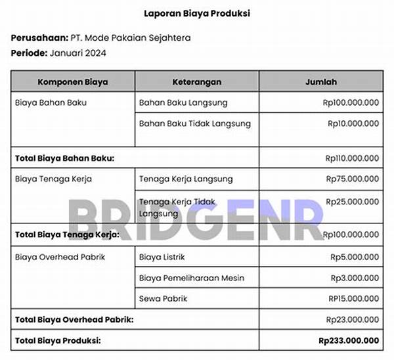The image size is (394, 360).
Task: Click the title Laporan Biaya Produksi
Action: [x=197, y=13]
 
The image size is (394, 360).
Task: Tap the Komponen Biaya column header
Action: [x=73, y=82]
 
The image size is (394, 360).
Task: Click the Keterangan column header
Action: [x=196, y=82]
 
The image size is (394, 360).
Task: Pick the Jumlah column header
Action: [x=321, y=82]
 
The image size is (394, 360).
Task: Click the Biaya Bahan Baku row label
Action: [x=51, y=102]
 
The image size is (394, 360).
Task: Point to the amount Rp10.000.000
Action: [x=353, y=124]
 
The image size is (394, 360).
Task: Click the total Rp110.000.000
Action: [x=352, y=158]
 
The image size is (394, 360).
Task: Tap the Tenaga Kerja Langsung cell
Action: [x=186, y=179]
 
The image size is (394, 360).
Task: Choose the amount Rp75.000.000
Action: [x=352, y=179]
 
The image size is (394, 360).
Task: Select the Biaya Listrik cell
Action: [x=160, y=257]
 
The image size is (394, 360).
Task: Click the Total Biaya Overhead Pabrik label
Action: [x=74, y=319]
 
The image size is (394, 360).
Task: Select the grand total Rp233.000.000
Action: [x=349, y=340]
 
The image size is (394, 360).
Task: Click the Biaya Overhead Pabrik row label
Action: [x=60, y=257]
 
